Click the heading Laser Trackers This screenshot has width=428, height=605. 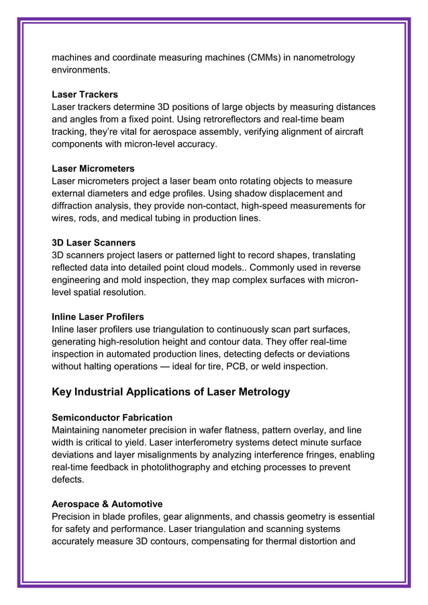pos(85,95)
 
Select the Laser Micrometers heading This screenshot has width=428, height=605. pos(93,168)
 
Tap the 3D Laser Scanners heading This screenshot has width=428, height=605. pos(93,242)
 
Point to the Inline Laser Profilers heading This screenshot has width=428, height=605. pos(98,316)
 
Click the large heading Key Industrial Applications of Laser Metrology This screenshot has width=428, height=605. pos(171,392)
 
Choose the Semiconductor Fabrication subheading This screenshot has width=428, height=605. pos(112,417)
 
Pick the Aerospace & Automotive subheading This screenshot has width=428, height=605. pos(107,503)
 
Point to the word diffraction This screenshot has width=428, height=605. pos(74,206)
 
